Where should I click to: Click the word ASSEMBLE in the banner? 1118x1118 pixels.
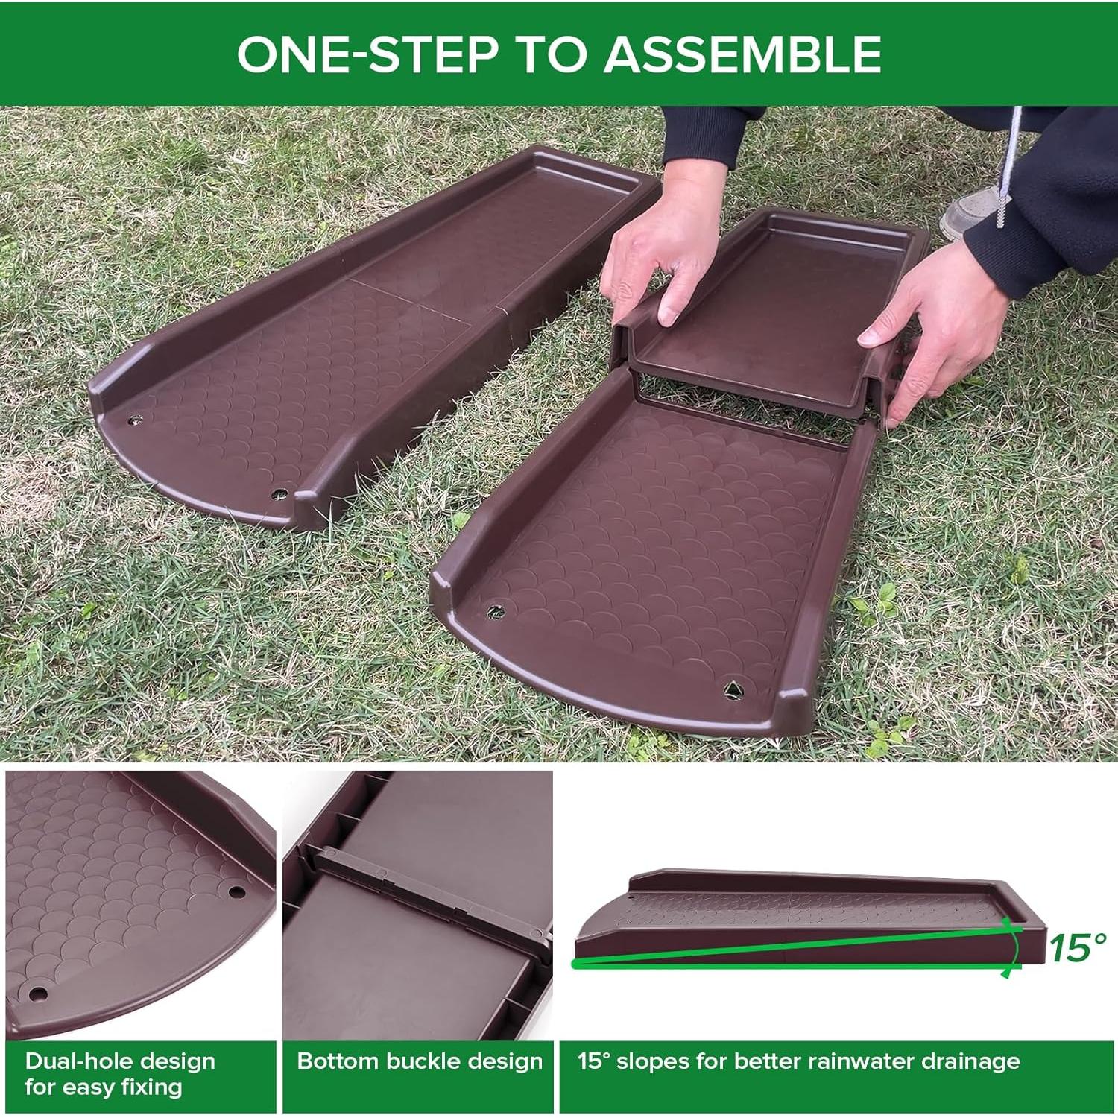point(742,54)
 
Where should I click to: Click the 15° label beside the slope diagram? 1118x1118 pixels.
point(1077,948)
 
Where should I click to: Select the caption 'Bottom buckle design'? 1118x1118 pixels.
point(420,1061)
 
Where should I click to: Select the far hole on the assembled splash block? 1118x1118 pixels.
point(135,420)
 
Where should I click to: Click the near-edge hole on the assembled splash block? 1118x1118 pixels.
point(279,493)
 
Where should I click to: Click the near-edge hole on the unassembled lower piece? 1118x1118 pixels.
point(733,689)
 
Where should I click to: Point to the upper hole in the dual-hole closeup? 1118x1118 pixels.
point(236,892)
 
